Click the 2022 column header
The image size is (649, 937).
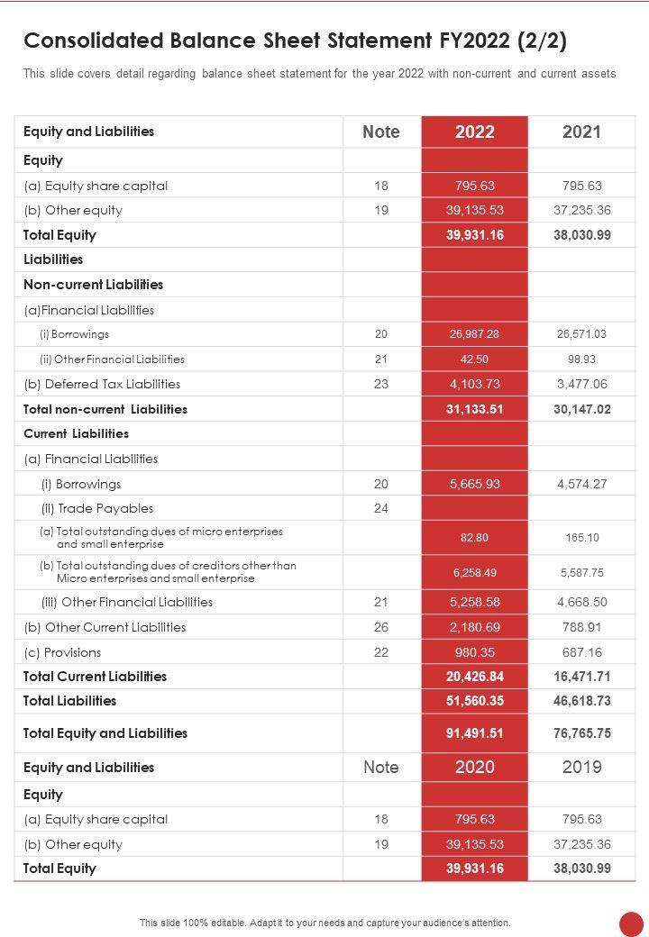(x=474, y=132)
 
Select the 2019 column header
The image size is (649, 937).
(x=581, y=768)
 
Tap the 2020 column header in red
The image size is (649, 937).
(x=474, y=768)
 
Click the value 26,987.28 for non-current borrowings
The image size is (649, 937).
(x=474, y=334)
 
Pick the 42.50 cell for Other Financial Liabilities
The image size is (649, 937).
(x=474, y=359)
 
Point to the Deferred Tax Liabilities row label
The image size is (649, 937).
(x=102, y=384)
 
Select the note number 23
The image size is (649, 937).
(x=380, y=384)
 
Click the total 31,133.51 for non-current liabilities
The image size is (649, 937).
(x=474, y=409)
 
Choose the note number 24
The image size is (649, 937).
(x=380, y=508)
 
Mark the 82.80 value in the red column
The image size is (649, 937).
(x=474, y=538)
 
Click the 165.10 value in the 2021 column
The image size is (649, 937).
(x=581, y=538)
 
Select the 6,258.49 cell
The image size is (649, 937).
(x=474, y=572)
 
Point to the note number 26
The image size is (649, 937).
(x=380, y=627)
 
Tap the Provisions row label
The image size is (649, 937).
(x=62, y=652)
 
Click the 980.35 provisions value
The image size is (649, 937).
(x=474, y=652)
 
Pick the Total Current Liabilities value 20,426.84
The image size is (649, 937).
(x=474, y=677)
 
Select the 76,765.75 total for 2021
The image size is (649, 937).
(x=581, y=733)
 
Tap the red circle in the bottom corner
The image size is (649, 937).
(x=632, y=923)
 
